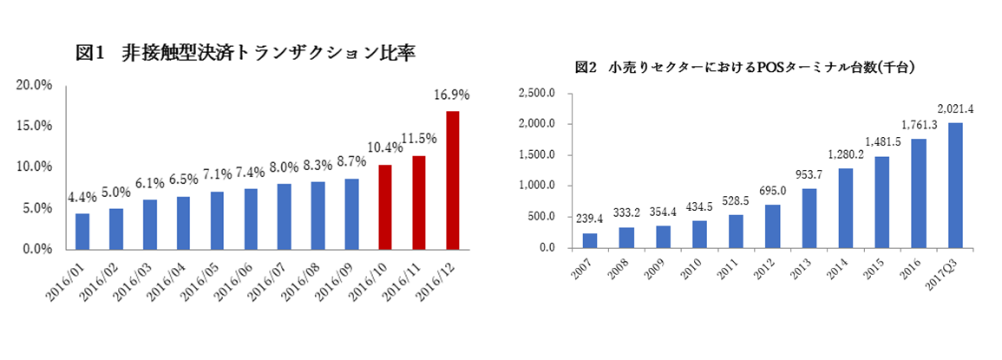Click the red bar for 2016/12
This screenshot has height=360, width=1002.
452,180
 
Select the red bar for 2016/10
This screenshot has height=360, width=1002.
385,206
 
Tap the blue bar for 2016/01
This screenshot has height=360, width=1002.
82,231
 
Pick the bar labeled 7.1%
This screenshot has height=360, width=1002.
217,219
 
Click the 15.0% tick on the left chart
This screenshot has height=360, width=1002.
35,126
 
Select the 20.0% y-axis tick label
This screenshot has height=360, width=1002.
35,85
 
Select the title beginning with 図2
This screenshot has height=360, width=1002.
746,67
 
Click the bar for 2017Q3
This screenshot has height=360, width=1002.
956,185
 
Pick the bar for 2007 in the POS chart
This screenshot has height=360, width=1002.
589,240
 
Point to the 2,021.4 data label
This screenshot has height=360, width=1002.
956,108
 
